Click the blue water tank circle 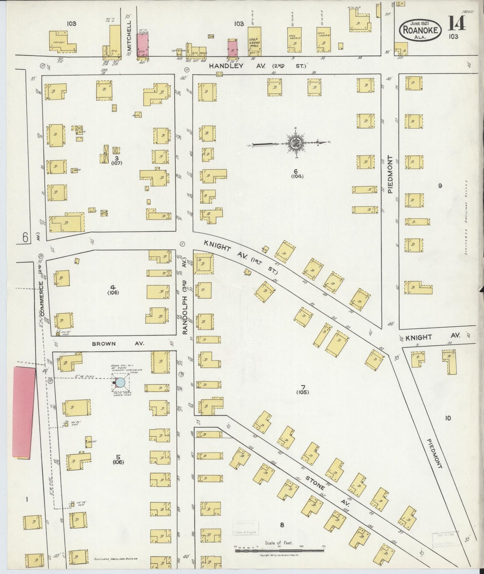(x=121, y=383)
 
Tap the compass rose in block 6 (x=296, y=142)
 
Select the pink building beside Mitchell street (x=142, y=44)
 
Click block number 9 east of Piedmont (x=440, y=186)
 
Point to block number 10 (x=448, y=418)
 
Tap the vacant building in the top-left (x=63, y=42)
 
